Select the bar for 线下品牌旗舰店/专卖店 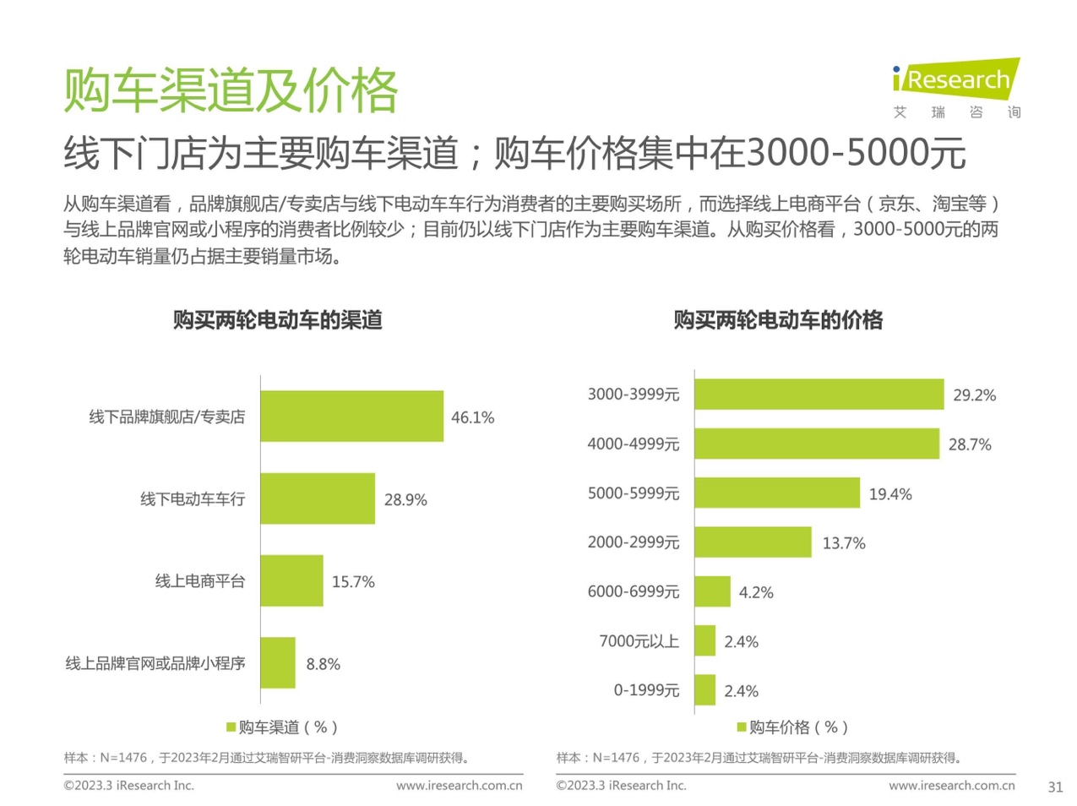point(351,416)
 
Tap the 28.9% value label point(405,499)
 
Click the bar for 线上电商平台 point(291,580)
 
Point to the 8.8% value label point(323,664)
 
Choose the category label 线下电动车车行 point(193,499)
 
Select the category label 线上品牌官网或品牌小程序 point(155,663)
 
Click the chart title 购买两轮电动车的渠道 point(277,320)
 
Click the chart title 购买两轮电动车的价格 point(777,320)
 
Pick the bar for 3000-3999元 point(819,395)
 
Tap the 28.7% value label point(969,444)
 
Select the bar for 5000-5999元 point(777,493)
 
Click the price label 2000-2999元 point(633,542)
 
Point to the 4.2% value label point(755,592)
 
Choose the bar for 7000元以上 point(705,641)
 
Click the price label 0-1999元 point(646,690)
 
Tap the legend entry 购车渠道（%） point(282,727)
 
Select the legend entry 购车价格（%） point(792,727)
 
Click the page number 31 point(1055,787)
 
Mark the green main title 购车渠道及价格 point(231,90)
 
